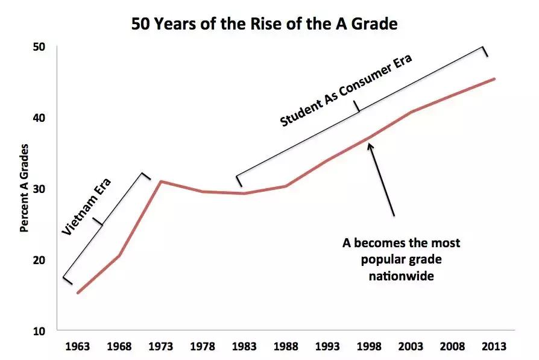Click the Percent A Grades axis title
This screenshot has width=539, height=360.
click(24, 188)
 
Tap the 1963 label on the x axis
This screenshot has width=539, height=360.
click(78, 347)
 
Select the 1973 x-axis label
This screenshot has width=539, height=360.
click(161, 347)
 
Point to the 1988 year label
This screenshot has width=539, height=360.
click(285, 347)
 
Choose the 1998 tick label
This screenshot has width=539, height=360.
click(368, 347)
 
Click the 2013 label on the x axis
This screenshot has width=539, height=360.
click(494, 347)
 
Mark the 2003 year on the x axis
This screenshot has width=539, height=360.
click(410, 347)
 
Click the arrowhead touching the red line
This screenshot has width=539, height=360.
click(371, 145)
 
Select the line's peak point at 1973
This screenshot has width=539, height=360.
click(161, 181)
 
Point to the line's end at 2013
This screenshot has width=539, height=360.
click(494, 78)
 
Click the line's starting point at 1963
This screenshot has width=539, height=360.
click(78, 293)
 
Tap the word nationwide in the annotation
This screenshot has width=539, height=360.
click(402, 276)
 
